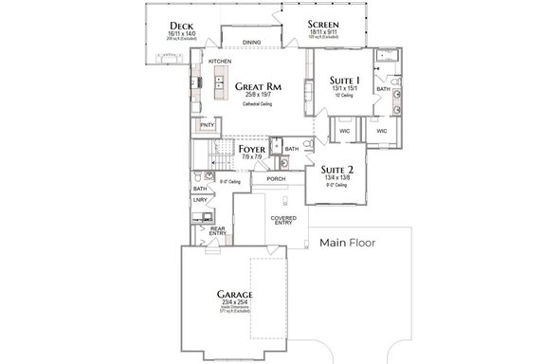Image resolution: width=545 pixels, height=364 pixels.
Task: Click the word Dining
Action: [x=251, y=42]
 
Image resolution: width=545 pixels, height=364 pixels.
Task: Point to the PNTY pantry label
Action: [x=206, y=124]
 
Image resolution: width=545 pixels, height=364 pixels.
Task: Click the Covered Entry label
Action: [x=283, y=221]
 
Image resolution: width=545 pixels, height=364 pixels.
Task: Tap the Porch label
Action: [x=277, y=178]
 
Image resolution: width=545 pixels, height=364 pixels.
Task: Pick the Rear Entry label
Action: [x=217, y=230]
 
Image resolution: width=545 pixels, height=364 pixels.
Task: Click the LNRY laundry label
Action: [x=200, y=200]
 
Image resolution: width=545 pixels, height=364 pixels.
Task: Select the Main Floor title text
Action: [x=348, y=244]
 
